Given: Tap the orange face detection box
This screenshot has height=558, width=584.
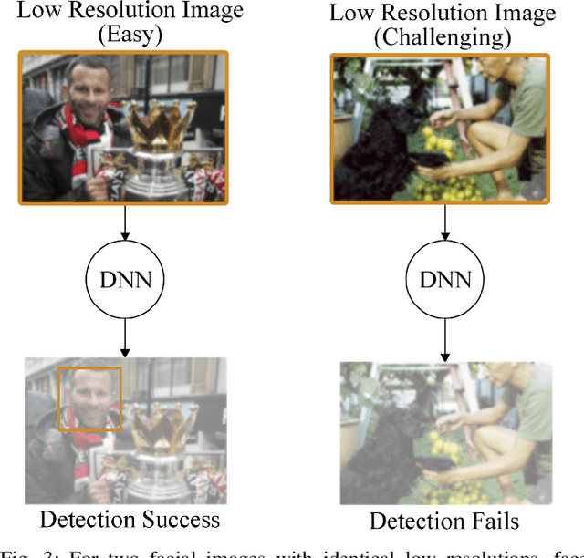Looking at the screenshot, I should (x=89, y=398).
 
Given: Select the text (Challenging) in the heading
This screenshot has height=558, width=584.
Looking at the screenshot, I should (x=443, y=38).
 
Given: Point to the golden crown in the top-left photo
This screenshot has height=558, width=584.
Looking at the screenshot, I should (x=165, y=128).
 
